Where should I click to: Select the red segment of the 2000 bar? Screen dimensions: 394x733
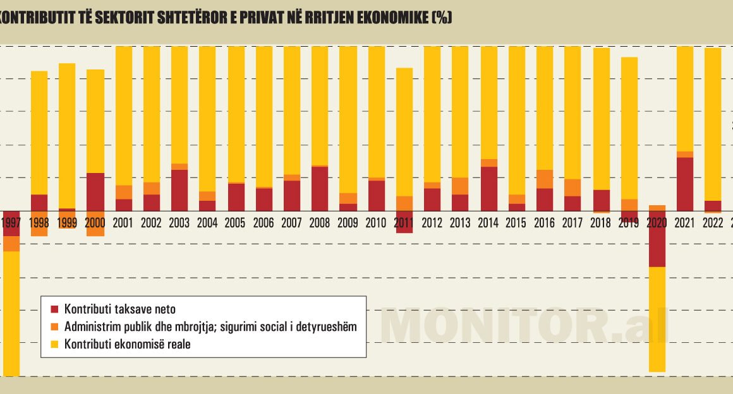tap(95, 191)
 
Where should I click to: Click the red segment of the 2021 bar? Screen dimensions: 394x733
tap(685, 184)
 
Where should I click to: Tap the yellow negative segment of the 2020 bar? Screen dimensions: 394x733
tap(657, 319)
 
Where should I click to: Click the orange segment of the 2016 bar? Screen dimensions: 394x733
tap(545, 179)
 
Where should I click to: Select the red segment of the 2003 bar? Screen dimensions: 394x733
tap(179, 190)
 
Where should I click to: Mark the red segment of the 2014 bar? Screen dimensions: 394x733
tap(488, 188)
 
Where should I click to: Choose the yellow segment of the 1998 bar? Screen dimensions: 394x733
tap(39, 133)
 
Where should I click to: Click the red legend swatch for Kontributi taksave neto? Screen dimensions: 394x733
tap(54, 309)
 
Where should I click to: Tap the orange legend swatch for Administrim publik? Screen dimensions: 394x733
tap(54, 327)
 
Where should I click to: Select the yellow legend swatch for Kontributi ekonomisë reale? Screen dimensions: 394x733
tap(54, 345)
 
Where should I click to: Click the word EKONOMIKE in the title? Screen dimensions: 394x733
tap(389, 18)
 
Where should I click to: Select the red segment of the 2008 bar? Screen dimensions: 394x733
tap(320, 188)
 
